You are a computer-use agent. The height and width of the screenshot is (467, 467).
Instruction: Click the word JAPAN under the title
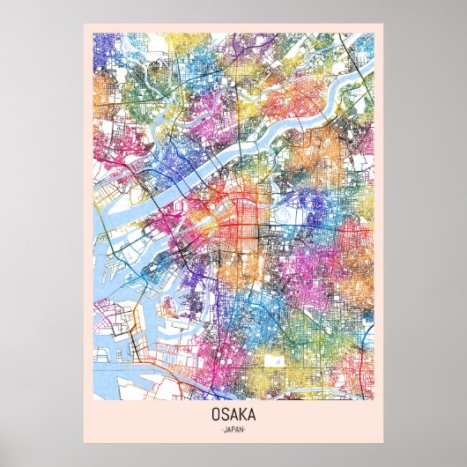click(x=233, y=429)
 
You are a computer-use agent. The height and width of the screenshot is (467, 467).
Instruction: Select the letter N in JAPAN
click(x=242, y=429)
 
